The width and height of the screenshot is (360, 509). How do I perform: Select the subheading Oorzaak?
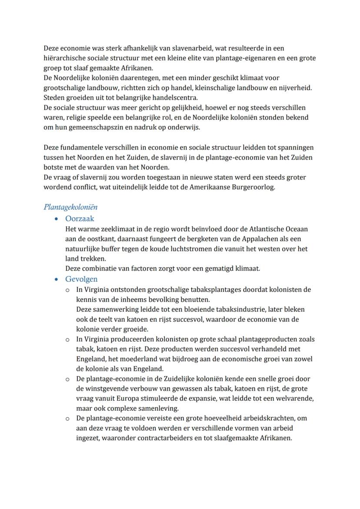80,219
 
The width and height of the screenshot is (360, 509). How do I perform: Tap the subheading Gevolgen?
81,279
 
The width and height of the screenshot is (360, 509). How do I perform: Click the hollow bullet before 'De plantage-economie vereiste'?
67,419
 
